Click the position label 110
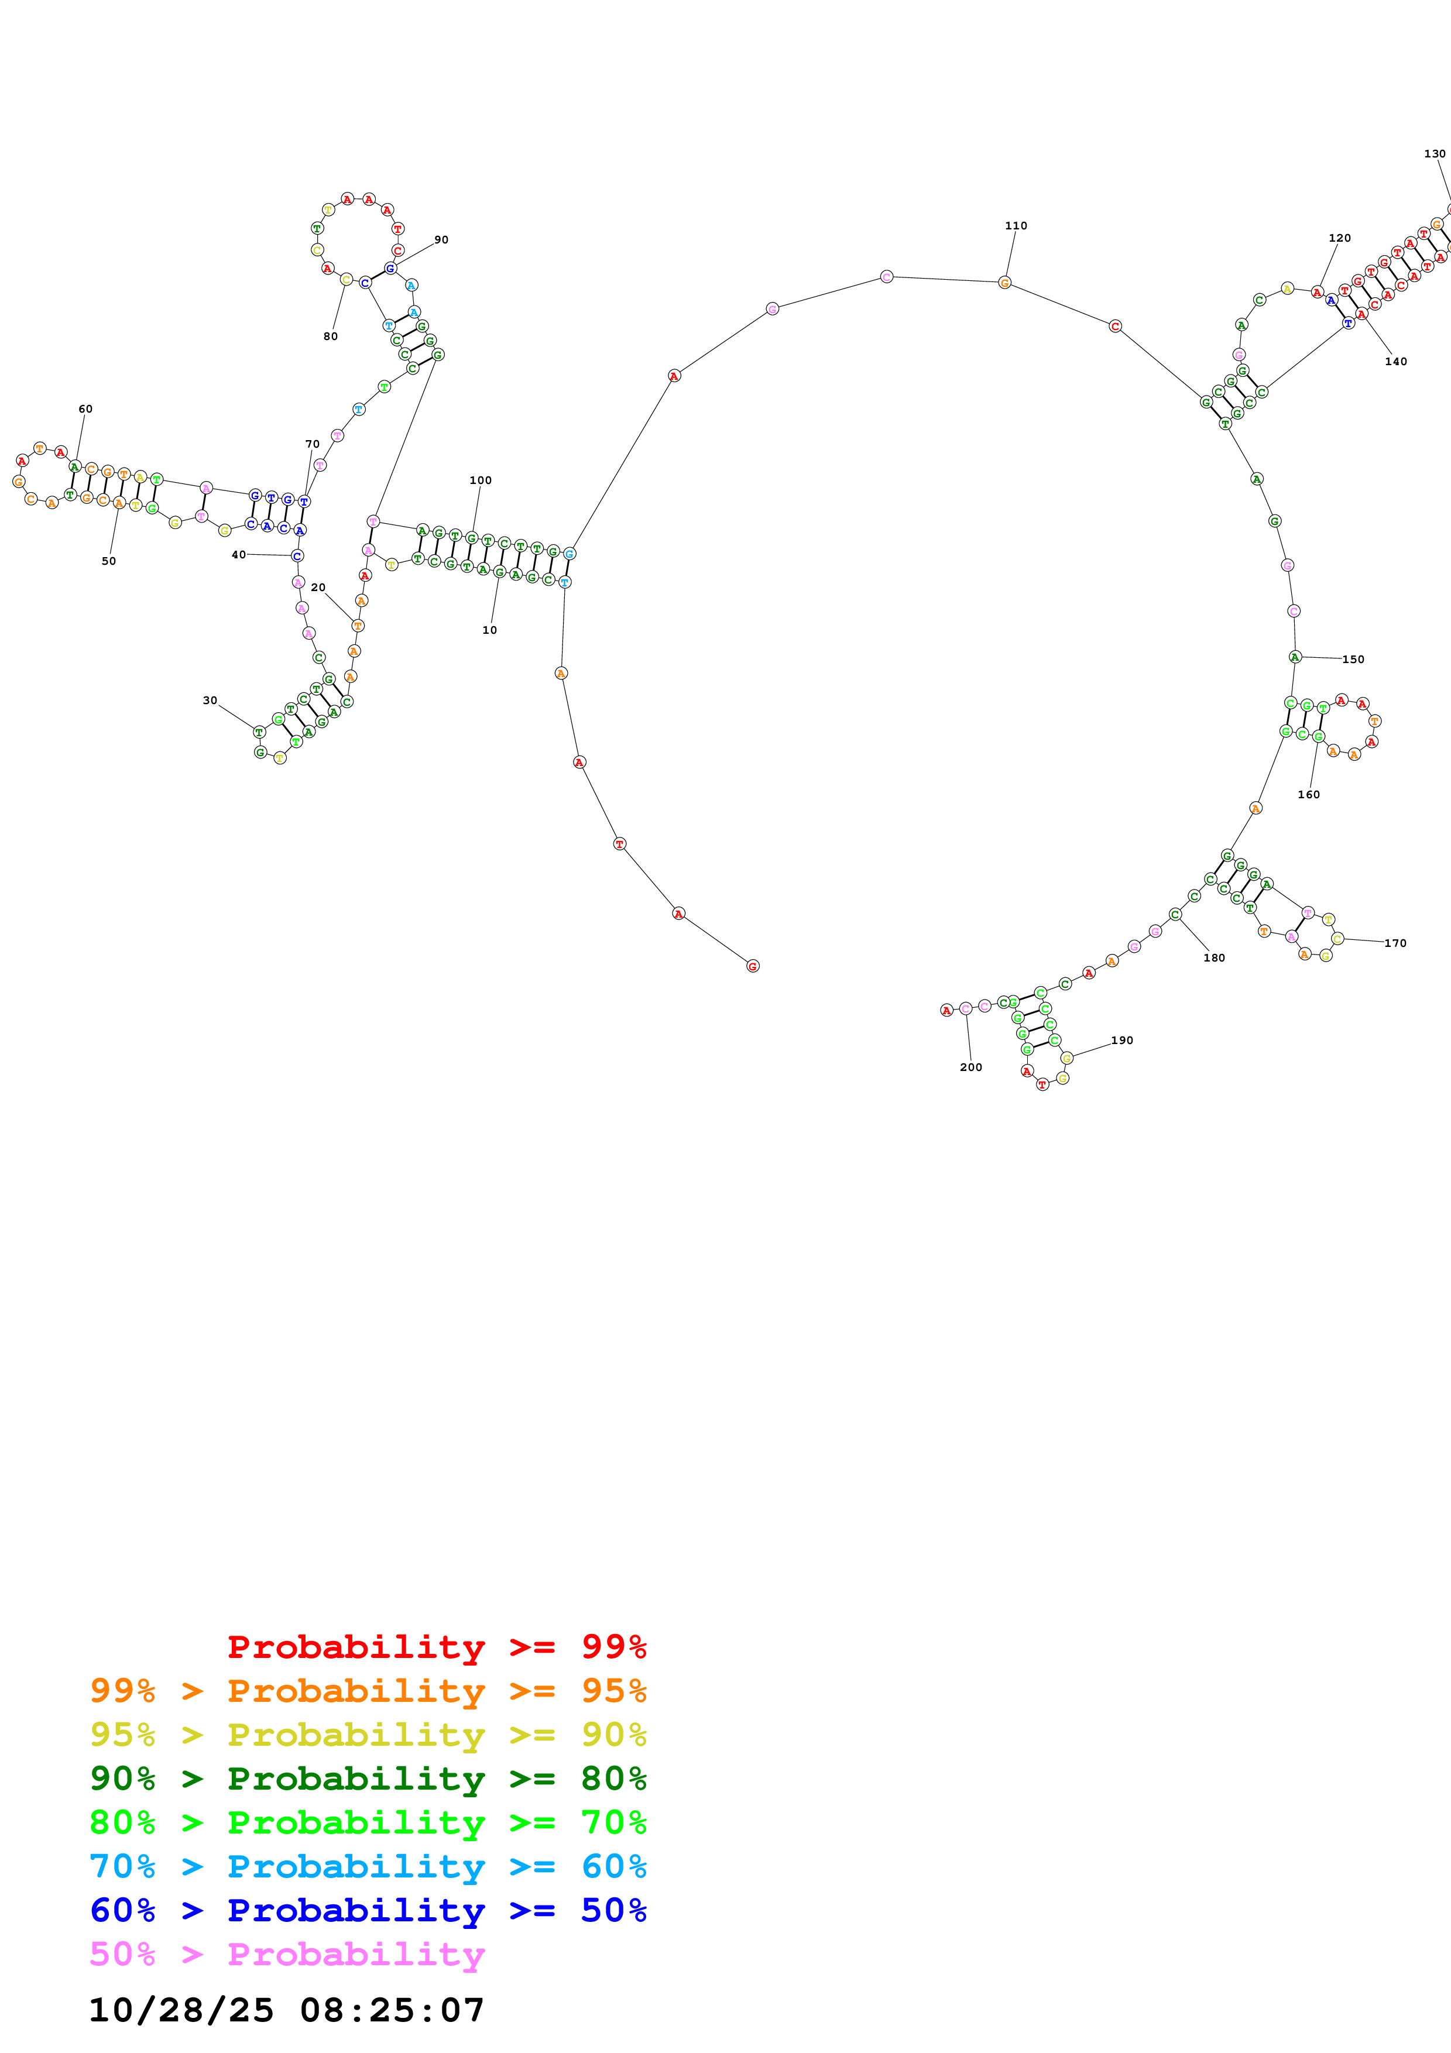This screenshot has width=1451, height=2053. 1016,225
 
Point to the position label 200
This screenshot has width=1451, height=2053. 971,1067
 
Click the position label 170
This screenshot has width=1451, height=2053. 1395,942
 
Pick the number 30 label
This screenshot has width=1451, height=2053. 210,700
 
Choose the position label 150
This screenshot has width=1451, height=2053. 1353,659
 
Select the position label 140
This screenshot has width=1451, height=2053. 1395,361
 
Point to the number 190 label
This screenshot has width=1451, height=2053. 1122,1040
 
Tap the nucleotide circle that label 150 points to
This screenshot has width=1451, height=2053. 1295,656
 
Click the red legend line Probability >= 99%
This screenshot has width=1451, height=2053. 436,1646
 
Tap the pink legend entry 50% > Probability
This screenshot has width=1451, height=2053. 286,1954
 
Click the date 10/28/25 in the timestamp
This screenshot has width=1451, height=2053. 181,2010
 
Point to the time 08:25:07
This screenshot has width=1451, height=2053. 392,2010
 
